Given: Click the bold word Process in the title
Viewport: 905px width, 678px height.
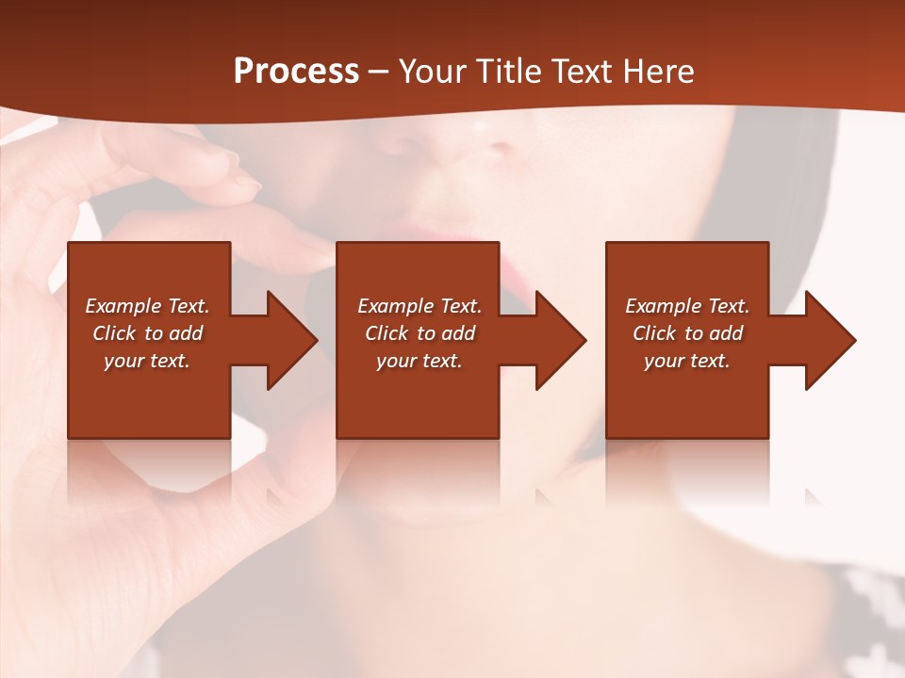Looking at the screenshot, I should (x=296, y=71).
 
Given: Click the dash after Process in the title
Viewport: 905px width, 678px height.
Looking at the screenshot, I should (x=378, y=73).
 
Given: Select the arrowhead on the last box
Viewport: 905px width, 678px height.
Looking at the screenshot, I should (x=829, y=340).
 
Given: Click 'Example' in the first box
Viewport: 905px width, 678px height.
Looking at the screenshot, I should (x=123, y=306).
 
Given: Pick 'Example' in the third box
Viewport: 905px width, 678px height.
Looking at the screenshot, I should (x=664, y=306).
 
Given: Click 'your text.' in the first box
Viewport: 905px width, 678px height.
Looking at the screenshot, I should (x=147, y=361).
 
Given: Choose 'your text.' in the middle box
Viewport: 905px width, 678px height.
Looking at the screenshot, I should (x=419, y=361).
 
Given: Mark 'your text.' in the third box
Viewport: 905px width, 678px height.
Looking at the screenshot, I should (x=686, y=361).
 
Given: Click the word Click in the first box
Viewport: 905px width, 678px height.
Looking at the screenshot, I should (x=113, y=333).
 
